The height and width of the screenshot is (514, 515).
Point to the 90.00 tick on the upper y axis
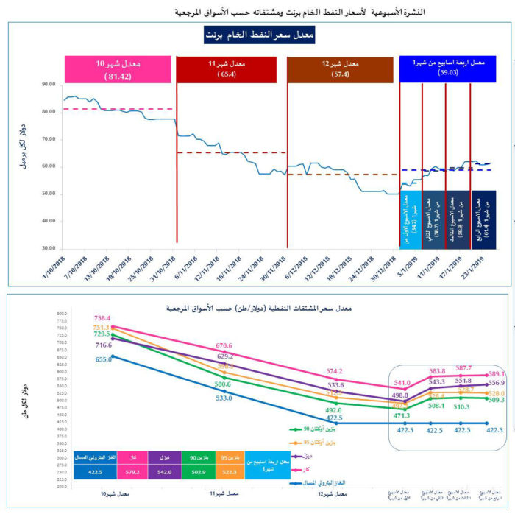[x=49, y=85]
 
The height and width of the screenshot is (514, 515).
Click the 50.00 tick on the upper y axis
[x=49, y=194]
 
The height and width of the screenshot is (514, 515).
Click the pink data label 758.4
[x=103, y=318]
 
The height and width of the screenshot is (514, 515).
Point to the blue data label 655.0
[x=103, y=359]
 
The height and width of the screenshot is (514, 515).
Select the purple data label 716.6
[x=102, y=345]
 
